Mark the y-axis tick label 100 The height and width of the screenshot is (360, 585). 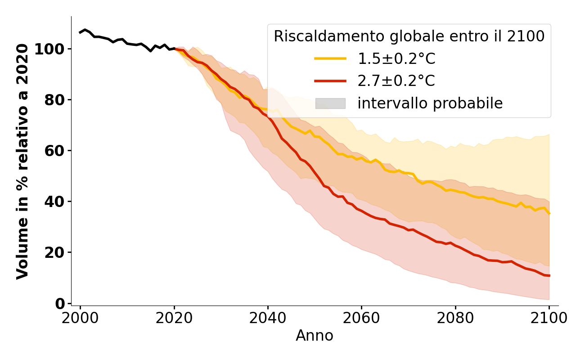(49, 49)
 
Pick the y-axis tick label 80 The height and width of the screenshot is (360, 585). (54, 100)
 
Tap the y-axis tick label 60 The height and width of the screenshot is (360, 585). (54, 151)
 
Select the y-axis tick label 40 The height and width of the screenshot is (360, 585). (54, 202)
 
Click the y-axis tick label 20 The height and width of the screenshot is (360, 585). (54, 252)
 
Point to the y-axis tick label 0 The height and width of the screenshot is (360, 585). (59, 304)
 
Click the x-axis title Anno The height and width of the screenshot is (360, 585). (315, 336)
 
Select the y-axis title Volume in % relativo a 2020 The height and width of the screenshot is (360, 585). (22, 161)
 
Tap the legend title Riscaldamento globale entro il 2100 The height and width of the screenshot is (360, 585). (409, 36)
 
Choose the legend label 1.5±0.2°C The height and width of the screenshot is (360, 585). (396, 58)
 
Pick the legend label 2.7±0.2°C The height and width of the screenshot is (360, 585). (396, 81)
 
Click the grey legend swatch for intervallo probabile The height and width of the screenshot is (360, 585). (330, 103)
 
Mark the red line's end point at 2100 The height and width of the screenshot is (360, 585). (549, 276)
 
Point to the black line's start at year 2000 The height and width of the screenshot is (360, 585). (80, 32)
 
